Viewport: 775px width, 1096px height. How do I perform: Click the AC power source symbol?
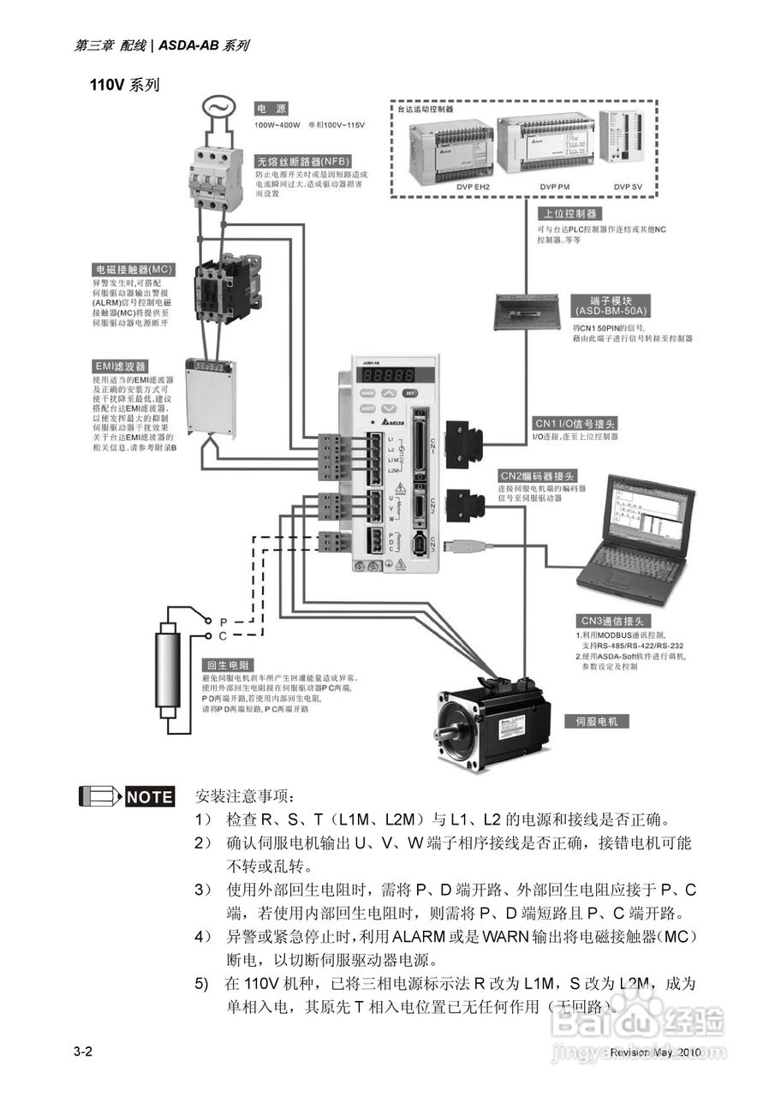[x=218, y=108]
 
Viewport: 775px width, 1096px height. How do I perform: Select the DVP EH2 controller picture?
[x=450, y=152]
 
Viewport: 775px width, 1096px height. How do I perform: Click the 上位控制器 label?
[x=568, y=213]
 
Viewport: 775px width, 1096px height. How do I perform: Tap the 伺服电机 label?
[x=596, y=721]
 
